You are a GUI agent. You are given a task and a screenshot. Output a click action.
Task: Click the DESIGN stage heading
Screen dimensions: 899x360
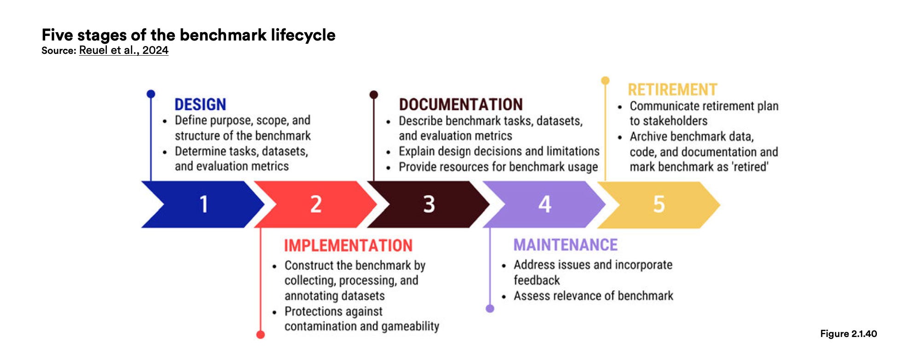[200, 105]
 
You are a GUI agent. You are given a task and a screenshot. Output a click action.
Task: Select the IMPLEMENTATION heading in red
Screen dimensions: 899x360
[348, 245]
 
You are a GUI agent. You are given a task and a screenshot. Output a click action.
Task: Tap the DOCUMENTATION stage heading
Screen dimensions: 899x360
[461, 105]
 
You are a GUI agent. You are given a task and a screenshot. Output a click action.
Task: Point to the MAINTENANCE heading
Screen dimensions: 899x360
[566, 245]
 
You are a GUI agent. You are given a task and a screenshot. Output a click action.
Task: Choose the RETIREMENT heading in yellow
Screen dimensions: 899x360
[672, 89]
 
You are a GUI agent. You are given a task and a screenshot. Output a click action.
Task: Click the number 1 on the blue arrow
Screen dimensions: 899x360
[204, 204]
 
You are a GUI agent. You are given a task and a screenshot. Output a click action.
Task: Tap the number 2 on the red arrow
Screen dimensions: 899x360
[316, 204]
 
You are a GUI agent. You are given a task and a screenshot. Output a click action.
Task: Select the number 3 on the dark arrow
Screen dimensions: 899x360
[429, 204]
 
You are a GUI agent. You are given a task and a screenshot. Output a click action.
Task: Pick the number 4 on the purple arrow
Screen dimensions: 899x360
[545, 204]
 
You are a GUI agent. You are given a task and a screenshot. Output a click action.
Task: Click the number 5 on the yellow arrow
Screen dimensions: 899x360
[659, 204]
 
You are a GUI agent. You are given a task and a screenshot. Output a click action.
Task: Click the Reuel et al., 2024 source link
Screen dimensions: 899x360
[123, 50]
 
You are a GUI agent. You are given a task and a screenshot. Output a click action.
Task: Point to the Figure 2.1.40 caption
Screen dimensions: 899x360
[848, 334]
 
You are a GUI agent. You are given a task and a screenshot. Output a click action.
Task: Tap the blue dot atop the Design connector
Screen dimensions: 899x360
[151, 94]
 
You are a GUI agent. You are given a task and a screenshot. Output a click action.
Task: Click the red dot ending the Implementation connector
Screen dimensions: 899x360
[260, 335]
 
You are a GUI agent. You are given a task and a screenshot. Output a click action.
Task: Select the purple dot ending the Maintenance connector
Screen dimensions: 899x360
[490, 308]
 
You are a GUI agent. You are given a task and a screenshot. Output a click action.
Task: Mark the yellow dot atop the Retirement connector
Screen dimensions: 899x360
[605, 81]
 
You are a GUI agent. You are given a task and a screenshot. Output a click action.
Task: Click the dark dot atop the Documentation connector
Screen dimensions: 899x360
[374, 94]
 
